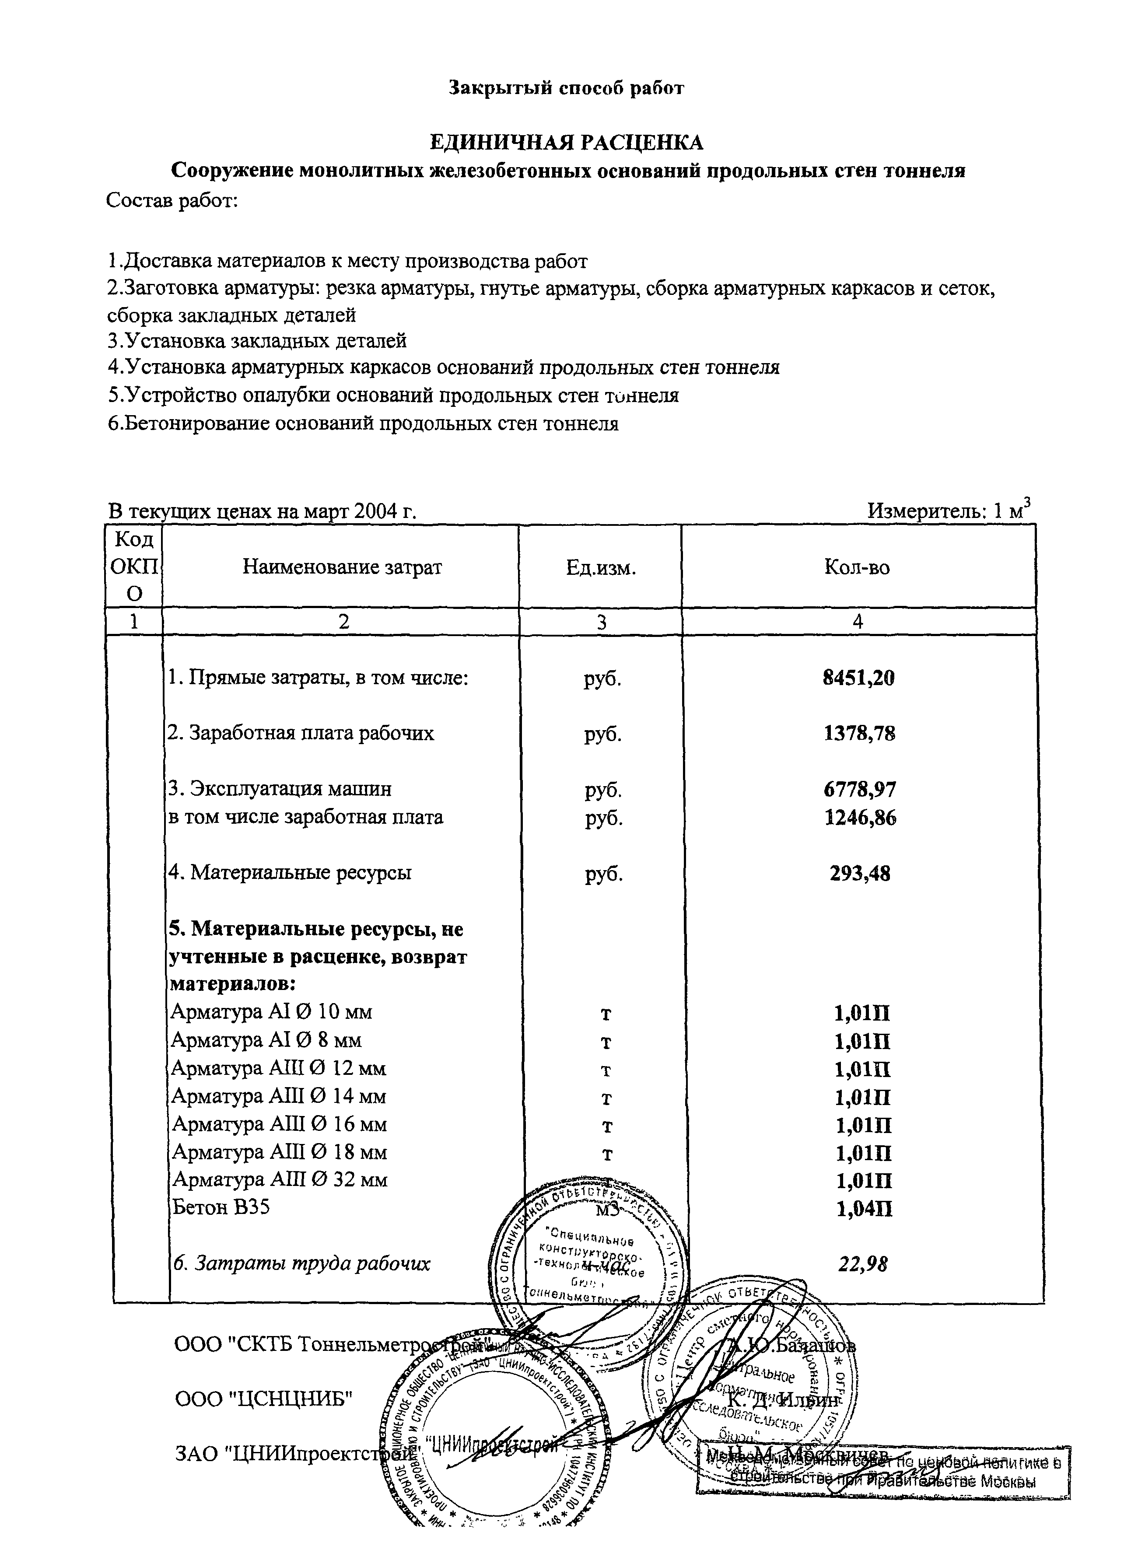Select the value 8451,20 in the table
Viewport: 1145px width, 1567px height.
[858, 677]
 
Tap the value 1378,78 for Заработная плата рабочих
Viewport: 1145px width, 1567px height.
[858, 733]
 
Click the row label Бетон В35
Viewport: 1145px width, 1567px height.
[221, 1207]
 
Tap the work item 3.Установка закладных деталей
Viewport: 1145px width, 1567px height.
[256, 341]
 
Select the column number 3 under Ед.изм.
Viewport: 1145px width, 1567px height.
[600, 622]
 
